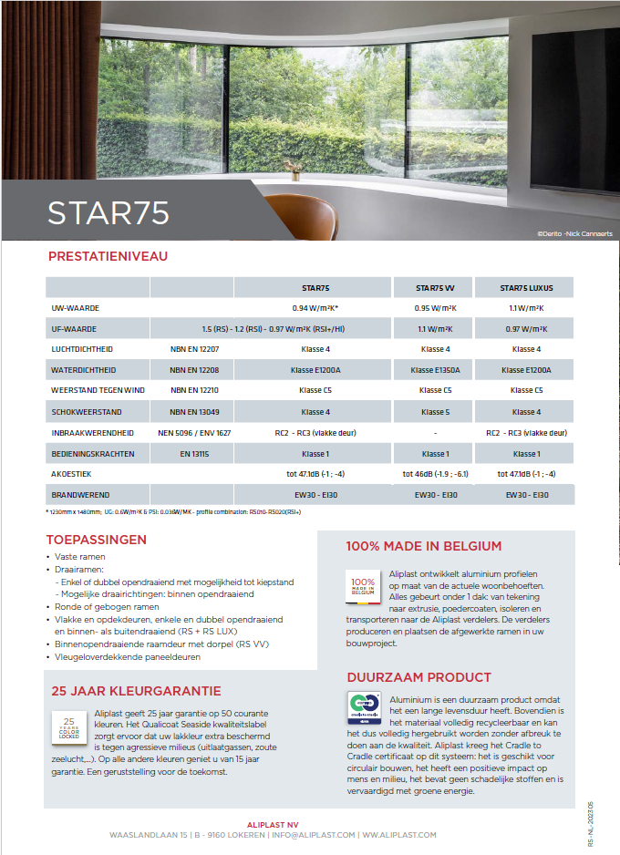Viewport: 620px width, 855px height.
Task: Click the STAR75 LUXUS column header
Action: point(526,288)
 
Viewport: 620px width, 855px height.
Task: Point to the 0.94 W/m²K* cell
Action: point(315,308)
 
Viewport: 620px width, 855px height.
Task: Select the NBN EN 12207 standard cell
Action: point(192,349)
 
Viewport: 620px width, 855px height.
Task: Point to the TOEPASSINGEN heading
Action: point(96,540)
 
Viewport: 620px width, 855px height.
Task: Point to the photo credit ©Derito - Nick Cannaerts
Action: point(574,234)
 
